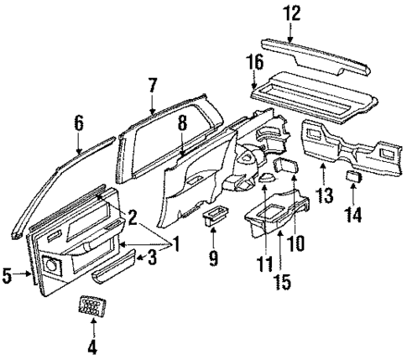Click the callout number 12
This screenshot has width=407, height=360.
(x=290, y=14)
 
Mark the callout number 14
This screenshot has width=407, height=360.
(x=354, y=216)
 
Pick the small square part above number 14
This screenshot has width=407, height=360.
(x=353, y=177)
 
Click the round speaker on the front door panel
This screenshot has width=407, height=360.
(x=53, y=267)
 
